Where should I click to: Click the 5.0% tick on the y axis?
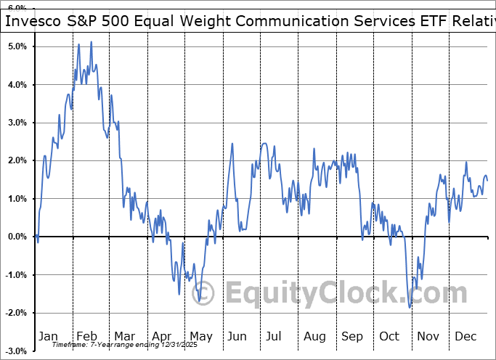(18, 46)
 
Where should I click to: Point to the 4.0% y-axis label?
(18, 85)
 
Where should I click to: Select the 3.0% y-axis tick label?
(18, 123)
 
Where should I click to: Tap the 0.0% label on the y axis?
(18, 237)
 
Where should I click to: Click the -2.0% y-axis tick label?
(17, 313)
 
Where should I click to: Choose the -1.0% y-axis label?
(17, 275)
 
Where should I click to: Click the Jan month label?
(47, 337)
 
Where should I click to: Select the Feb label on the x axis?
(86, 337)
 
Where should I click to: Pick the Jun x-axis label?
(237, 337)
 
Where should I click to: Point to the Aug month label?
(314, 337)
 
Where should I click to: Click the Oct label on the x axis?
(390, 337)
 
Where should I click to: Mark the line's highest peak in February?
(91, 42)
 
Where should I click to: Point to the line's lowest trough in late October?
(410, 308)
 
